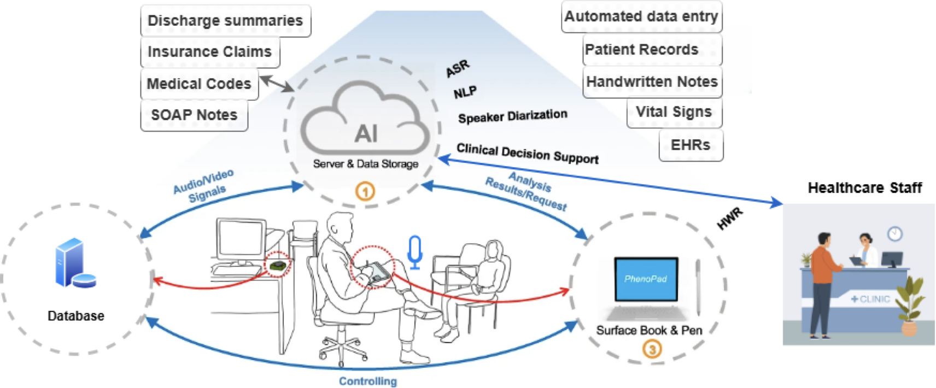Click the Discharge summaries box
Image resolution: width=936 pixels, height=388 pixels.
tap(225, 21)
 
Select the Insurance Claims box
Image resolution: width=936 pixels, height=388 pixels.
tap(210, 52)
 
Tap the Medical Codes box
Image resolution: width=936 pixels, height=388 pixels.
tap(199, 84)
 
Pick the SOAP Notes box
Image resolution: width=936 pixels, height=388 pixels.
tap(194, 115)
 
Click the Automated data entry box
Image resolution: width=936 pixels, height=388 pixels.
tap(641, 16)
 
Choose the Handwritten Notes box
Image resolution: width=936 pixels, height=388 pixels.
tap(652, 81)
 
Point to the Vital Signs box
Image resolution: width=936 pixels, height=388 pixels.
tap(674, 112)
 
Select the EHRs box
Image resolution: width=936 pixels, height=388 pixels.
tap(691, 145)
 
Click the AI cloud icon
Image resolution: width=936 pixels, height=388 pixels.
tap(365, 120)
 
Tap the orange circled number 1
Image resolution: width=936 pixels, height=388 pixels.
tap(365, 191)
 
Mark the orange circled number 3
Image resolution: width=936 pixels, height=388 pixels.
tap(652, 349)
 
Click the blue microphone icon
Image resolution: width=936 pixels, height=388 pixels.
tap(415, 252)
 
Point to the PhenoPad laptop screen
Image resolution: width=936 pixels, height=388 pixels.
tap(646, 279)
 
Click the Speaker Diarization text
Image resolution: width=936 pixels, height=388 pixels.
tap(512, 116)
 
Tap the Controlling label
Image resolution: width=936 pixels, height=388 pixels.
tap(368, 381)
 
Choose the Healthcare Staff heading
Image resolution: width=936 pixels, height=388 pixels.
tap(864, 188)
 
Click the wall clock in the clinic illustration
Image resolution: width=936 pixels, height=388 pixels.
tap(894, 234)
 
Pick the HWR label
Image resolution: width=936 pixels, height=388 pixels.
tap(730, 219)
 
